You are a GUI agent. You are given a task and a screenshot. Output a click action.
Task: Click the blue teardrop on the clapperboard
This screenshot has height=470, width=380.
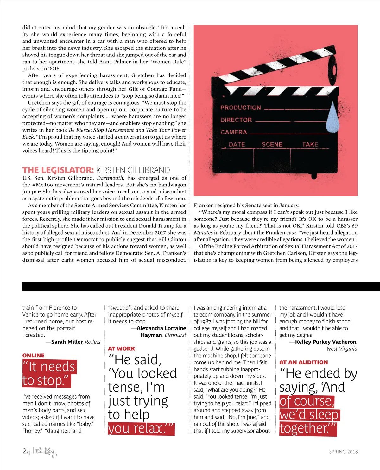[x=332, y=118]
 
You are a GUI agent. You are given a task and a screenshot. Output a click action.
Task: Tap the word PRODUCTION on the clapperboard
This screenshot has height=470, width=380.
[x=241, y=108]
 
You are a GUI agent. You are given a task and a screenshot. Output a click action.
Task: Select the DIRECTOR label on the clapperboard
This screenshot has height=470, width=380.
[x=236, y=120]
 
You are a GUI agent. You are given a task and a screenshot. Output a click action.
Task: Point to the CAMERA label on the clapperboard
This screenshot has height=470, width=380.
[x=234, y=132]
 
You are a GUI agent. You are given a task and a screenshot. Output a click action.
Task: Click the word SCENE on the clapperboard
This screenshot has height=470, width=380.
[x=272, y=144]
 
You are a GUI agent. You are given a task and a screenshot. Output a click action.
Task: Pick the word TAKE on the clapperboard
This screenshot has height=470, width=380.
[x=310, y=144]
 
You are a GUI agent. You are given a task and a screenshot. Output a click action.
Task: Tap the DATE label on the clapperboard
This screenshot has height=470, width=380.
[x=237, y=144]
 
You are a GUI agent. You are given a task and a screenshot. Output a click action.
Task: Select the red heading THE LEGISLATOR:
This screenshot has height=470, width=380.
[x=58, y=170]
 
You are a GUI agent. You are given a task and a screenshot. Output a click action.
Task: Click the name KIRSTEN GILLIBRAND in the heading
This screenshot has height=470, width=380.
[x=133, y=170]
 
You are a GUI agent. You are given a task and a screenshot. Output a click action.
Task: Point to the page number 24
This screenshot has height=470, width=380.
[x=27, y=451]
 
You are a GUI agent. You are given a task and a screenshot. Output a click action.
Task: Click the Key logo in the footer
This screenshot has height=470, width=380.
[x=46, y=451]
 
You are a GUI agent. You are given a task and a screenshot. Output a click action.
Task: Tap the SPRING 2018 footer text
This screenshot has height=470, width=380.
[x=343, y=452]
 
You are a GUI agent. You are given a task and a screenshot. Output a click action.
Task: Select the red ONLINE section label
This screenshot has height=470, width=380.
[x=33, y=356]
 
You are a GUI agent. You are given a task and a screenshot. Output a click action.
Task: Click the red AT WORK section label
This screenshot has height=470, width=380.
[x=121, y=349]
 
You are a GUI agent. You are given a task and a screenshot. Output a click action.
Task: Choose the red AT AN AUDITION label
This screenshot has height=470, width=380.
[x=303, y=362]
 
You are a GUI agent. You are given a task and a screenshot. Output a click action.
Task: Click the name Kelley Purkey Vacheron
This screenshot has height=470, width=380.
[x=326, y=342]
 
